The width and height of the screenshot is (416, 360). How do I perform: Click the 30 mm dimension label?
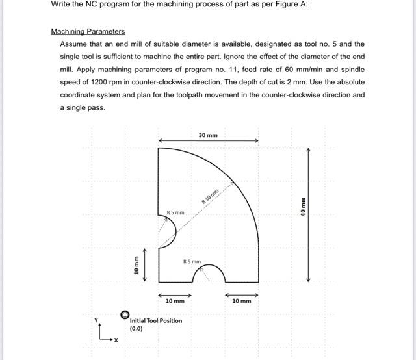pyautogui.click(x=208, y=135)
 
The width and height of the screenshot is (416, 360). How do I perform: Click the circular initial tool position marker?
pyautogui.click(x=125, y=315)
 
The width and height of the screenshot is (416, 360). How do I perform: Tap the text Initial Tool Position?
pyautogui.click(x=156, y=320)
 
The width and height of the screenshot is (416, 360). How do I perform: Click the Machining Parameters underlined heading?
pyautogui.click(x=88, y=31)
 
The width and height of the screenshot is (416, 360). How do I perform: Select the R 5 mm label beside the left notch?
pyautogui.click(x=175, y=212)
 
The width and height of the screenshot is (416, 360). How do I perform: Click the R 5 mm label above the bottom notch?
pyautogui.click(x=192, y=262)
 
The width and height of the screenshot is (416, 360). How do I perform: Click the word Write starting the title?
pyautogui.click(x=61, y=4)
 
